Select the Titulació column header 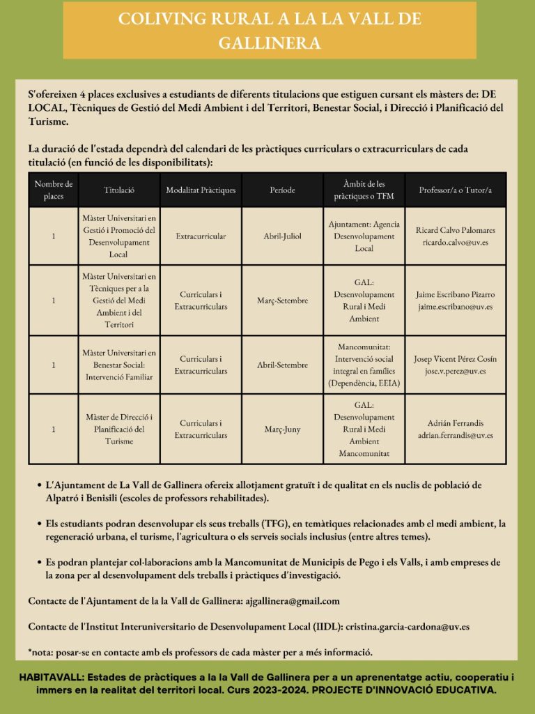[x=119, y=190]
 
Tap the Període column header [x=282, y=190]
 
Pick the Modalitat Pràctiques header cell [x=201, y=190]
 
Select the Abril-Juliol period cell [x=282, y=236]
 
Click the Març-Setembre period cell [x=282, y=301]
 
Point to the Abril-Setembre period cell [x=282, y=365]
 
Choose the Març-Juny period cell [x=282, y=429]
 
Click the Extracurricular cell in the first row [x=201, y=236]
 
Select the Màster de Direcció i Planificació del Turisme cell [x=119, y=429]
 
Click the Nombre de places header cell [x=54, y=190]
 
